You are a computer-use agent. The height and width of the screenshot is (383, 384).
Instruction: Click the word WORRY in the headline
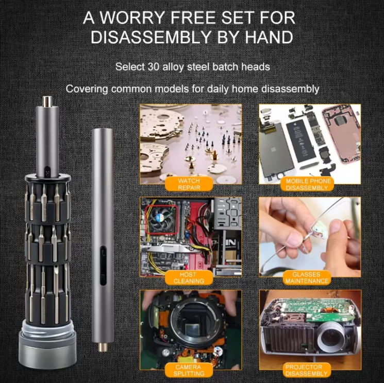[x=131, y=18]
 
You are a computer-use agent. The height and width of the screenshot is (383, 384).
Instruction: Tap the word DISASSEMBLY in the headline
[x=151, y=37]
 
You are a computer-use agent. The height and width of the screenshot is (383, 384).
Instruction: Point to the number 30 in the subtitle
[x=154, y=67]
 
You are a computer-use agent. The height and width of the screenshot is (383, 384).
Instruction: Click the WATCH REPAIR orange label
[x=189, y=184]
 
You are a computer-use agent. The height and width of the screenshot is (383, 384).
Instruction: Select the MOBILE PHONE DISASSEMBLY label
[x=308, y=184]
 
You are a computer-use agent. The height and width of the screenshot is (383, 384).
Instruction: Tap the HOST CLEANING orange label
[x=189, y=277]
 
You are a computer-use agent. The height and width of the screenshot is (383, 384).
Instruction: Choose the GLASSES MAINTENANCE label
[x=307, y=277]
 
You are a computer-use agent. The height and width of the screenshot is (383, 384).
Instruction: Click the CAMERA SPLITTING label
[x=189, y=370]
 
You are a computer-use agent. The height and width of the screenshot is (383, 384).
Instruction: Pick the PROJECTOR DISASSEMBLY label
[x=306, y=370]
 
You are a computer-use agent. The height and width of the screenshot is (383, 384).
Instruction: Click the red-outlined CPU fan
[x=162, y=219]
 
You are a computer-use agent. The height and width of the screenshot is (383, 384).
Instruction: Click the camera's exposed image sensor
[x=192, y=329]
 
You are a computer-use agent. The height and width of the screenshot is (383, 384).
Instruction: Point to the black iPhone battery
[x=300, y=141]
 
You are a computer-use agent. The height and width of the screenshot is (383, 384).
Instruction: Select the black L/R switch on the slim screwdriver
[x=103, y=265]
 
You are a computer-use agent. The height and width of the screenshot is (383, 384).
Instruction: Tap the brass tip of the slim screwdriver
[x=103, y=347]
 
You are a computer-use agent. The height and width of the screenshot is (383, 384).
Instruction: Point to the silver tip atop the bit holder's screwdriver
[x=47, y=101]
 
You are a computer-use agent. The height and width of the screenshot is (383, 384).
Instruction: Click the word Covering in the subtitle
[x=87, y=89]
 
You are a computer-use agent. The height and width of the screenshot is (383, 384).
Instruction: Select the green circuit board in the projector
[x=323, y=309]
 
